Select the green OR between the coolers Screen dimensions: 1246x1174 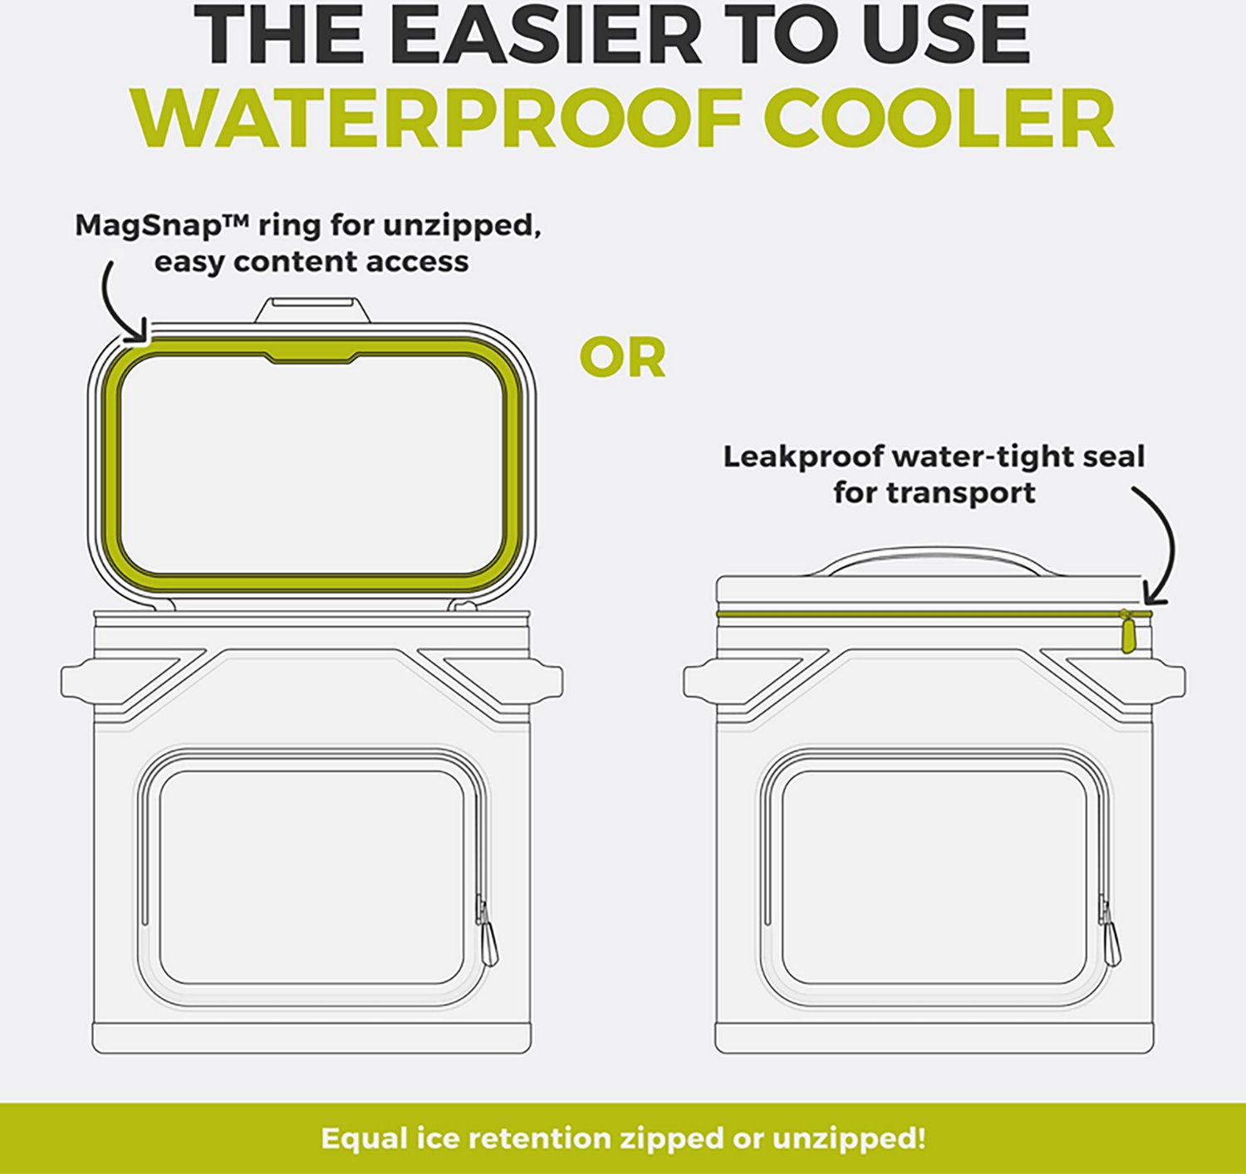point(622,358)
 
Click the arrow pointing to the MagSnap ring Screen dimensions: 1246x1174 point(113,302)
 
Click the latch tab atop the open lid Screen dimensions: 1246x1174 point(311,310)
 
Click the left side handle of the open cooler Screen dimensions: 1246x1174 point(78,681)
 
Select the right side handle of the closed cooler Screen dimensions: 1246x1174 point(1169,681)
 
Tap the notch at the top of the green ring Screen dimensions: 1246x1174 point(311,358)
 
